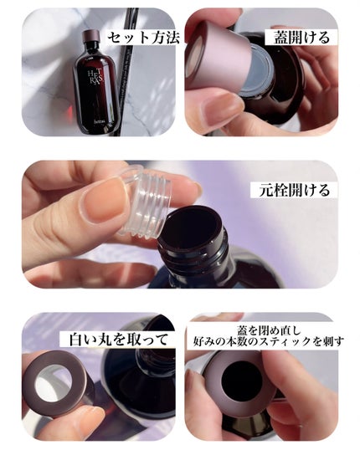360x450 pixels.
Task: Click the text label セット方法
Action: [x=144, y=38]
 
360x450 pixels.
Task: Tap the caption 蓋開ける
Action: [x=301, y=38]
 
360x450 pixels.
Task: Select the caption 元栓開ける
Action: [x=294, y=190]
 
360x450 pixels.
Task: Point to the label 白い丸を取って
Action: [x=118, y=340]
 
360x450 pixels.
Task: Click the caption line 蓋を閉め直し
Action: [x=269, y=330]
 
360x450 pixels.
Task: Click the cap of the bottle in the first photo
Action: [x=91, y=35]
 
